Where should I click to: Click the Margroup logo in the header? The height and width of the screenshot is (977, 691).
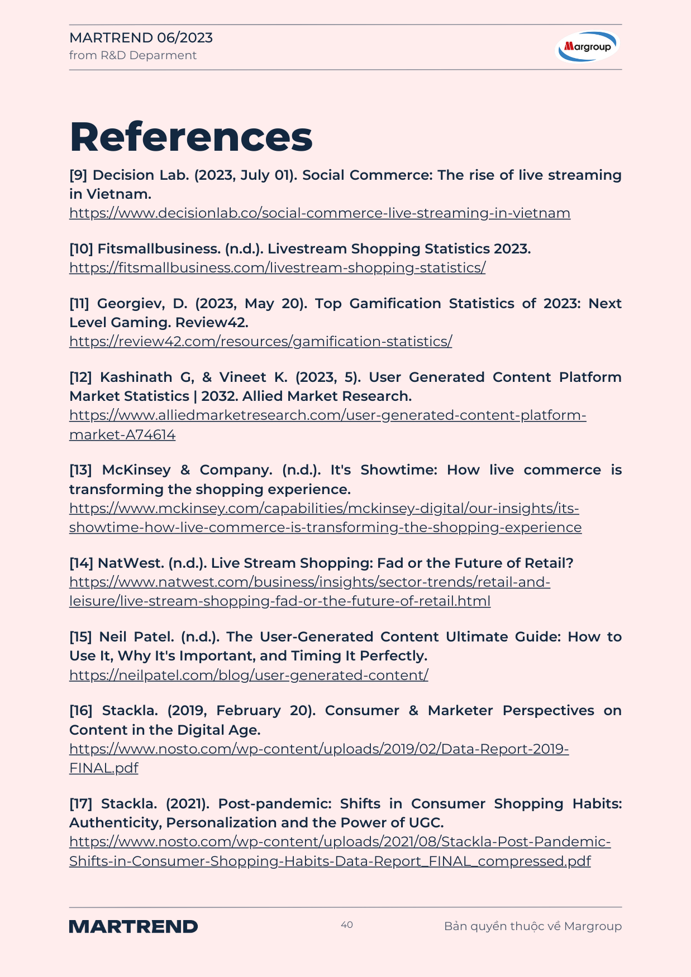point(588,46)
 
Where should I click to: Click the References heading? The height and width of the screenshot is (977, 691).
point(191,137)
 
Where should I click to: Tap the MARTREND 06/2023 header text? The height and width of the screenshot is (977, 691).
point(141,37)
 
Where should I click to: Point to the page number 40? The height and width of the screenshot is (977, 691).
point(347,925)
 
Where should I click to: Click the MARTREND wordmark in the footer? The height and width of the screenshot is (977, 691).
point(134,926)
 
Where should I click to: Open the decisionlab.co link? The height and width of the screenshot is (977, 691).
point(320,213)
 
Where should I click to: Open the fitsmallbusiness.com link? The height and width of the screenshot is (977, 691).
point(277,268)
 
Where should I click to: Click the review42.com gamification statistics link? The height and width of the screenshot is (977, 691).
point(260,342)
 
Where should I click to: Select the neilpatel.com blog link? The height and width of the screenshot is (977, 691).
point(249,676)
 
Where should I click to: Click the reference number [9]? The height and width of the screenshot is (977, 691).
point(78,175)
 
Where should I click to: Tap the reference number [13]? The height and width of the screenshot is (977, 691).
point(80,470)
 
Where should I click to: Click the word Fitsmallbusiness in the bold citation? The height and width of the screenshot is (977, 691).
point(159,249)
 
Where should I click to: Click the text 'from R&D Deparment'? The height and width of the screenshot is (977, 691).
point(133,55)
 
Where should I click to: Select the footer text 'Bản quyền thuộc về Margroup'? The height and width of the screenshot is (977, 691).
point(532,926)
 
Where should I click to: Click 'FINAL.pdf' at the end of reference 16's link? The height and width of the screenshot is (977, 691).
point(103,768)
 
